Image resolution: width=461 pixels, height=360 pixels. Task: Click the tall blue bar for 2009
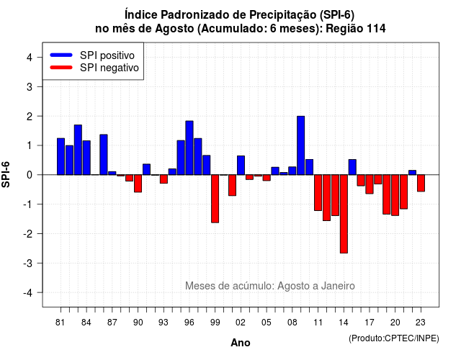(301, 145)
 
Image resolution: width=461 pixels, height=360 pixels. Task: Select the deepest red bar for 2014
(344, 214)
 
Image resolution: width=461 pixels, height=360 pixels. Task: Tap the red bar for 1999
(215, 199)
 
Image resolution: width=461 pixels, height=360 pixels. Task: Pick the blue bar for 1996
(189, 148)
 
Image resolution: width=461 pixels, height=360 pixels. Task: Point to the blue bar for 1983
(78, 150)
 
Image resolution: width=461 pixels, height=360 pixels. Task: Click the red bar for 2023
(421, 183)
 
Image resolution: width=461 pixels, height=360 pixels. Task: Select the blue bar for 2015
(352, 167)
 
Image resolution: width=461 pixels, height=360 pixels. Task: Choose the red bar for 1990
(138, 184)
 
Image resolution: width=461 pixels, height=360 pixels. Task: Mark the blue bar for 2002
(241, 166)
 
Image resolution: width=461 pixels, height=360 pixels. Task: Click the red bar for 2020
(395, 195)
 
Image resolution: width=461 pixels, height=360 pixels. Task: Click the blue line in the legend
(61, 55)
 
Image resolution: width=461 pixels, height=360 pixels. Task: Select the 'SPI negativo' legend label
(109, 68)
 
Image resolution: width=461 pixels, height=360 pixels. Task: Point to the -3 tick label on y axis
(29, 264)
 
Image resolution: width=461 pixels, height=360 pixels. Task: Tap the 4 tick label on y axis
(30, 58)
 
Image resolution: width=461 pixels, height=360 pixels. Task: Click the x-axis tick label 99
(215, 323)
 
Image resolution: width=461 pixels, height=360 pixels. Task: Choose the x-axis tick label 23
(421, 323)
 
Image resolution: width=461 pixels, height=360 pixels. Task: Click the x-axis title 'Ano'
(241, 343)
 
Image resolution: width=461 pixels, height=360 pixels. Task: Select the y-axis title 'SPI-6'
(6, 174)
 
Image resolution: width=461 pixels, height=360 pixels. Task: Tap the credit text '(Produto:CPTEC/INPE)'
(394, 338)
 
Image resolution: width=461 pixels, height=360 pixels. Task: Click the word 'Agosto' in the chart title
(174, 29)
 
